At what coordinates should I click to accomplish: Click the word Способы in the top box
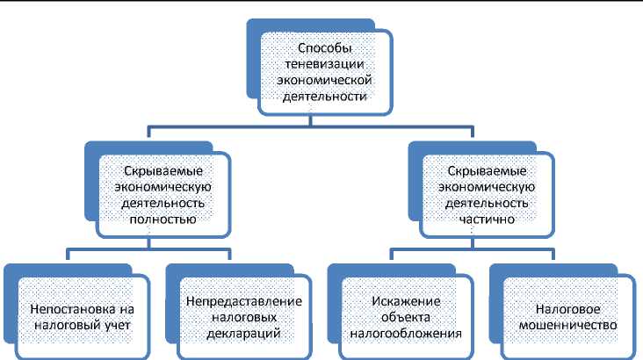324,46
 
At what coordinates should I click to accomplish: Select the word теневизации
323,63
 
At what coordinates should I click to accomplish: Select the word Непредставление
244,301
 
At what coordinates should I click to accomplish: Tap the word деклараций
244,335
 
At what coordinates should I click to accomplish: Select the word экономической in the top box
324,80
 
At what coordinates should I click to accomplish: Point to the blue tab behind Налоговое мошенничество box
496,299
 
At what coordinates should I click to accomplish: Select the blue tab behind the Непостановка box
11,299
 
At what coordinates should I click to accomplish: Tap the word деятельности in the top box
324,97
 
